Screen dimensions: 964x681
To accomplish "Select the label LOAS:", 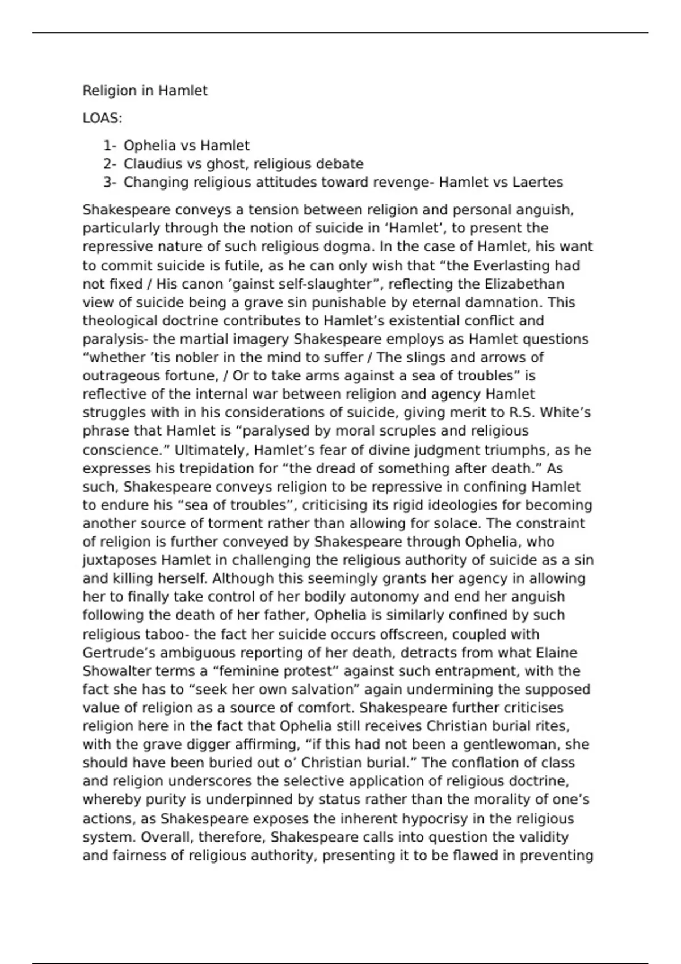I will pos(102,119).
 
